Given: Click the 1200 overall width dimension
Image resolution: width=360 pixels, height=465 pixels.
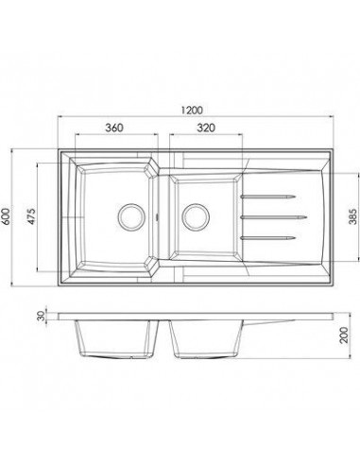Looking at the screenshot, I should pos(198,106).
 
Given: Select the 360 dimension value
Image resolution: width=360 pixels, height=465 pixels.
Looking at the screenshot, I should pos(115,129).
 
